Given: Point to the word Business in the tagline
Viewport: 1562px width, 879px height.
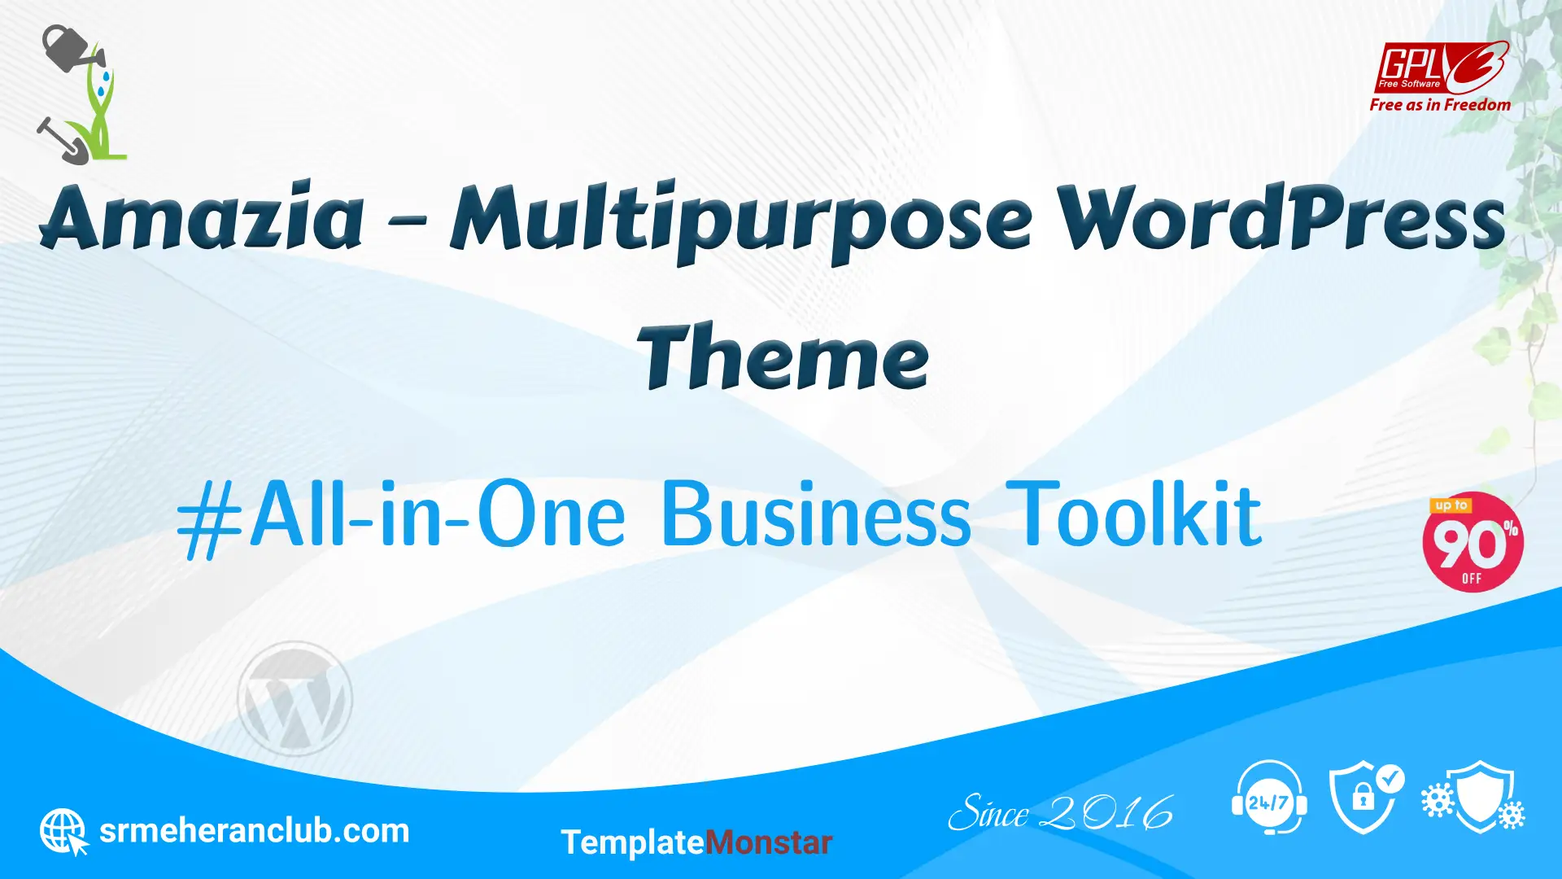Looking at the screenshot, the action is coord(816,514).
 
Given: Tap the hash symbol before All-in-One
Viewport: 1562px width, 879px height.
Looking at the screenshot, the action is coord(210,518).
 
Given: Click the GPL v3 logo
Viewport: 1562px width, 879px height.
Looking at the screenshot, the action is coord(1442,68).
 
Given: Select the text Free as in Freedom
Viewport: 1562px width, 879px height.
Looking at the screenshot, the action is coord(1440,105).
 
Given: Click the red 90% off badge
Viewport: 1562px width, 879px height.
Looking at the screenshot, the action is coord(1473,542).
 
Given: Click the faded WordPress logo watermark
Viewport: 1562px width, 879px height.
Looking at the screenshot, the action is coord(295,698).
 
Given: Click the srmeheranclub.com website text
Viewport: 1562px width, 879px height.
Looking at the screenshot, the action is coord(254,831).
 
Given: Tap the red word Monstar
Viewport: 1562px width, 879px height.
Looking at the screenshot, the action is coord(769,842).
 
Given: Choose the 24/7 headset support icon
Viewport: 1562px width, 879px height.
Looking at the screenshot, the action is coord(1269,798).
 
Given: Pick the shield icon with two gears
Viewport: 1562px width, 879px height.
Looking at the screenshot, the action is coord(1473,798).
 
